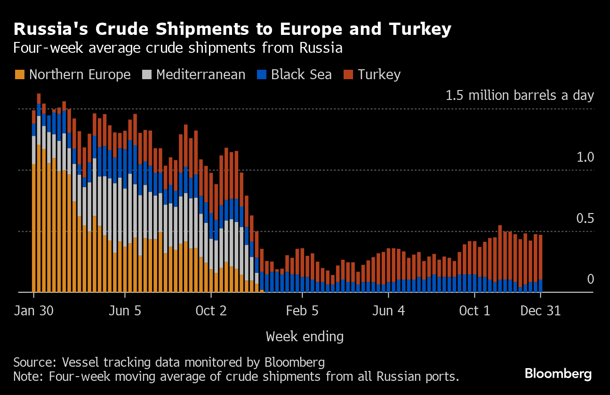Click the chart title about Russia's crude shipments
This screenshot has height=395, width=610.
pyautogui.click(x=233, y=29)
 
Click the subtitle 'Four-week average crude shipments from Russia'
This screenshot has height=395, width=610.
pyautogui.click(x=177, y=48)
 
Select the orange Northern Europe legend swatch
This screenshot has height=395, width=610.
pyautogui.click(x=20, y=74)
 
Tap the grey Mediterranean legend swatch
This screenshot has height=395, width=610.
pyautogui.click(x=147, y=74)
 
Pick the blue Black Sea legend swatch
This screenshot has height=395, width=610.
pyautogui.click(x=262, y=74)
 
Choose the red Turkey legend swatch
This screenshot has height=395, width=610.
pyautogui.click(x=348, y=74)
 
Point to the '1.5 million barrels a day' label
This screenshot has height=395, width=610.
pyautogui.click(x=520, y=96)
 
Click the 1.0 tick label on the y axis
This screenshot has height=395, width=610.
pyautogui.click(x=585, y=157)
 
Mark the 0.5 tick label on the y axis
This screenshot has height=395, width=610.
pyautogui.click(x=585, y=218)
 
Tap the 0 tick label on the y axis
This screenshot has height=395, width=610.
pyautogui.click(x=590, y=280)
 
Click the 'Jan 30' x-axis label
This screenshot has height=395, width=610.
pyautogui.click(x=34, y=311)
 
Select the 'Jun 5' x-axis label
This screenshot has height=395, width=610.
pyautogui.click(x=125, y=311)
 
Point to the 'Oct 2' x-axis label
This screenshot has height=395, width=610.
pyautogui.click(x=211, y=311)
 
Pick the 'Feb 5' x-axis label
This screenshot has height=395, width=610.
pyautogui.click(x=303, y=311)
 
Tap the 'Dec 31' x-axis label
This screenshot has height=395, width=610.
pyautogui.click(x=540, y=311)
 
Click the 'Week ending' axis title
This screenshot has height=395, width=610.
pyautogui.click(x=305, y=337)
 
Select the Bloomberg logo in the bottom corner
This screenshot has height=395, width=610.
pyautogui.click(x=558, y=374)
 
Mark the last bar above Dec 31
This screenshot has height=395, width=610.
pyautogui.click(x=540, y=264)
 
